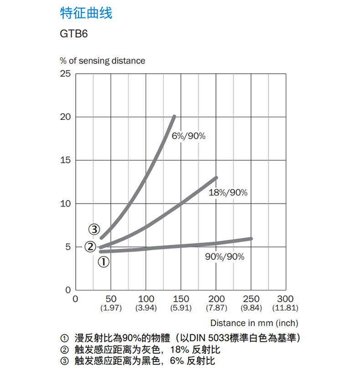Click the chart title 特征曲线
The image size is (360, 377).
click(86, 13)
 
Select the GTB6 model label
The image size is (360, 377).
click(72, 35)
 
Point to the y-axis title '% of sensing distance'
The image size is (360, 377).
click(103, 61)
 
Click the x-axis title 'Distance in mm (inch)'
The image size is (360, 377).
click(254, 323)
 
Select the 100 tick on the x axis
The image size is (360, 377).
click(146, 299)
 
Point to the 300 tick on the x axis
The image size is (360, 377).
click(285, 299)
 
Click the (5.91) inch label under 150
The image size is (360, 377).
click(181, 308)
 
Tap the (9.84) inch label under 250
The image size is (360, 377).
click(251, 308)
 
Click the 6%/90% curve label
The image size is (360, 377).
click(189, 136)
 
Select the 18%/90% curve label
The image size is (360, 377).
click(228, 193)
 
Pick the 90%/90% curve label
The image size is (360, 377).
click(225, 257)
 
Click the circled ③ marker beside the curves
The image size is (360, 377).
click(94, 229)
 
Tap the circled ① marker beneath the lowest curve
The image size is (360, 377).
click(104, 262)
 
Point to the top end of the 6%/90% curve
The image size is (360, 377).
click(174, 117)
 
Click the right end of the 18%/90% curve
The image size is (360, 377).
click(216, 177)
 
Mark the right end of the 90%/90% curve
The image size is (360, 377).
click(251, 238)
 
